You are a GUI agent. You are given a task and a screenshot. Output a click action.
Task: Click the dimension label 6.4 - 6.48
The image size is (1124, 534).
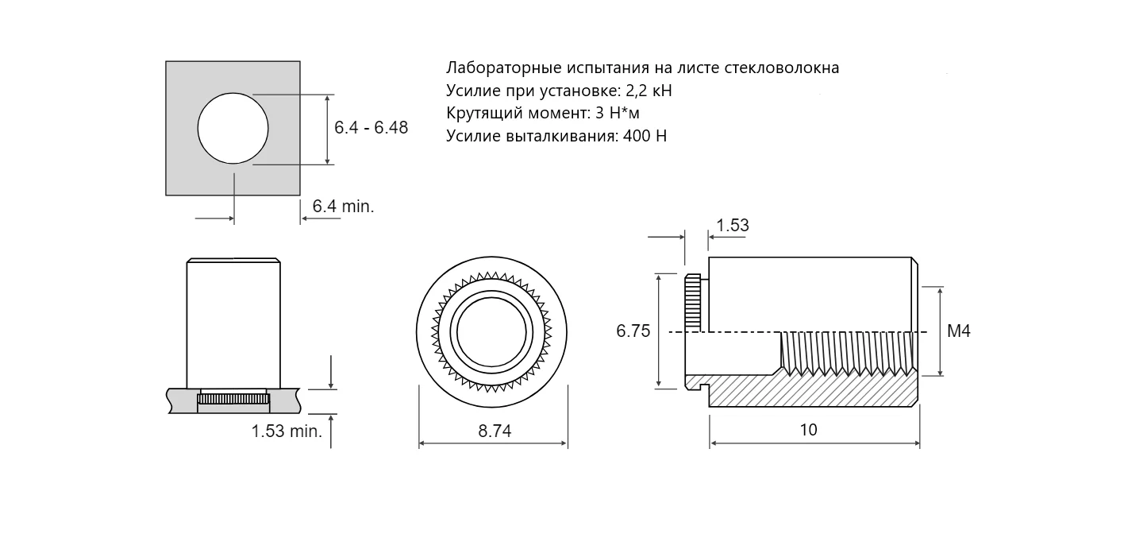[371, 128]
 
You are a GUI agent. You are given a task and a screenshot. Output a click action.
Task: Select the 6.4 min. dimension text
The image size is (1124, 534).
[343, 207]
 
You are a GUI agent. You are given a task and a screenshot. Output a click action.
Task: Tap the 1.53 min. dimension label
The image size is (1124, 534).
[287, 432]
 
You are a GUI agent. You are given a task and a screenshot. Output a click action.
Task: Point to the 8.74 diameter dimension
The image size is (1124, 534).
[495, 431]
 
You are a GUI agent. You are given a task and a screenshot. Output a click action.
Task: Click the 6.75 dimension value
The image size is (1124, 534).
[633, 331]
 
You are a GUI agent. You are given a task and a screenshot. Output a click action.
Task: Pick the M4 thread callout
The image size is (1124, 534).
[958, 331]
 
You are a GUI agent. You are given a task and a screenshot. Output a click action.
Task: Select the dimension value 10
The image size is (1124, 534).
[808, 430]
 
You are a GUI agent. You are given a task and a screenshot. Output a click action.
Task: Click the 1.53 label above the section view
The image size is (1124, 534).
[732, 226]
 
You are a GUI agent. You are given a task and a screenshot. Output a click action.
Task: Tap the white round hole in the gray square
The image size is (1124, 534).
[233, 128]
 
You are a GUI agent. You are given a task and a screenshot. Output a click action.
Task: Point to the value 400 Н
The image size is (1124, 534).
[645, 136]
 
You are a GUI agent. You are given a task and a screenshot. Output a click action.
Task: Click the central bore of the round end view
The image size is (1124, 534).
[492, 332]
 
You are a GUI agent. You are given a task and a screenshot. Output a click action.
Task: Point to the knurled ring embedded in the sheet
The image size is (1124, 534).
[233, 399]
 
